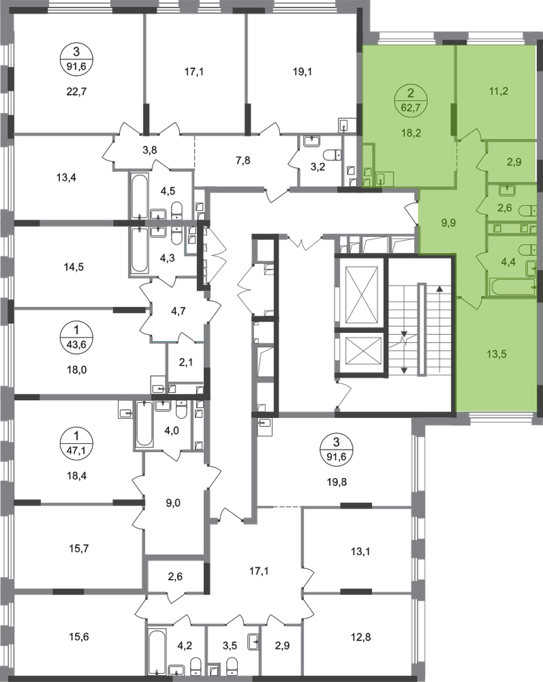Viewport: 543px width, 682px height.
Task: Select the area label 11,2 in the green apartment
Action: click(498, 91)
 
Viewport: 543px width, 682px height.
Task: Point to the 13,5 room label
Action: click(496, 354)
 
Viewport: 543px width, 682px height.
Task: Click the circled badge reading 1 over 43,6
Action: click(77, 336)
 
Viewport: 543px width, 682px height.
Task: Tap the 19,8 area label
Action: click(337, 481)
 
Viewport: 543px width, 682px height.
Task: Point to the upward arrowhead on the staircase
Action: click(440, 288)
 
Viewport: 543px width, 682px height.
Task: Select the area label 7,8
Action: click(243, 160)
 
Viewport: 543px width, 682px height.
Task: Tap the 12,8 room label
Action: click(360, 637)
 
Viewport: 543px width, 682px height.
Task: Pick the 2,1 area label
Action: click(185, 361)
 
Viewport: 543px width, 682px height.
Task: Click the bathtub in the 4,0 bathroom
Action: click(144, 424)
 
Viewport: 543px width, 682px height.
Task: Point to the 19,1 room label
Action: click(302, 72)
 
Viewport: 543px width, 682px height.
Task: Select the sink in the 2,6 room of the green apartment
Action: click(506, 190)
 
